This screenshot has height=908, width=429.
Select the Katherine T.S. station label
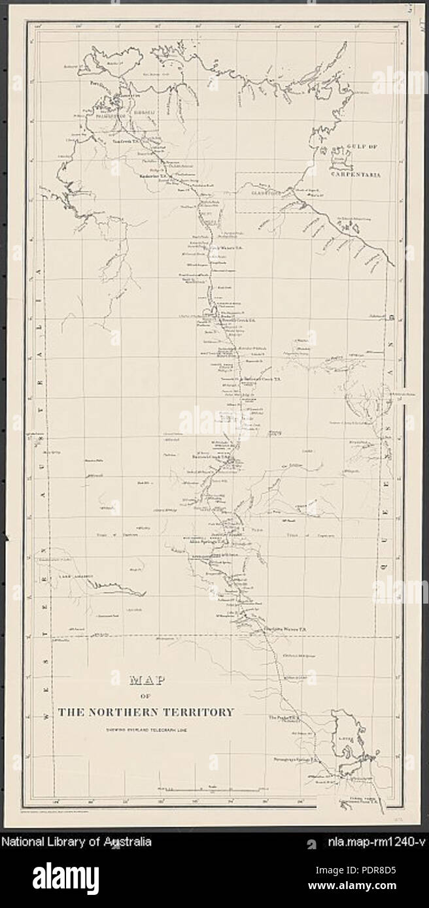pyautogui.click(x=155, y=176)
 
